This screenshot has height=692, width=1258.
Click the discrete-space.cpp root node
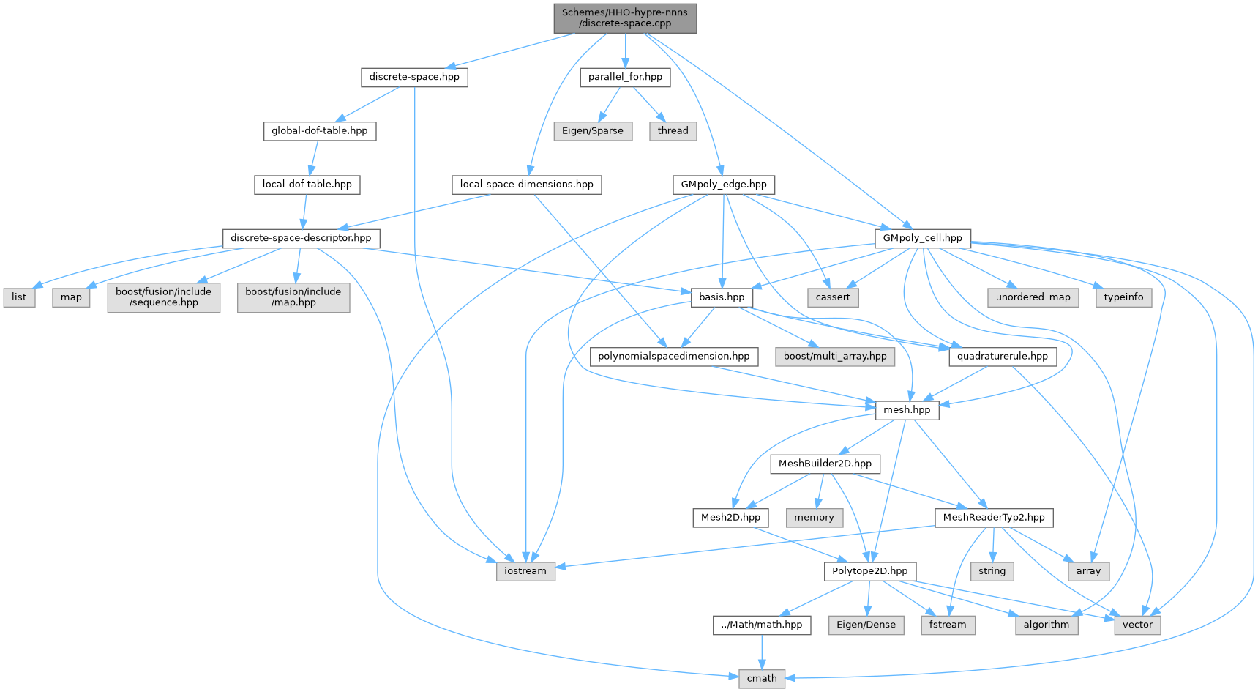click(625, 18)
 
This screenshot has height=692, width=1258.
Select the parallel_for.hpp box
click(625, 77)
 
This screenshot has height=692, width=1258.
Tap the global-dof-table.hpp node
click(320, 131)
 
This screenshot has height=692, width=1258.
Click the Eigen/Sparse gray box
click(593, 131)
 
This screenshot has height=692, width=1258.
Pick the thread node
click(673, 131)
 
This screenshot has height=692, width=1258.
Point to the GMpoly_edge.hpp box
click(724, 185)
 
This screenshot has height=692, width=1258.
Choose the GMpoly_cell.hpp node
click(923, 238)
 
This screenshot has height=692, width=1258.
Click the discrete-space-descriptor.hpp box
click(301, 238)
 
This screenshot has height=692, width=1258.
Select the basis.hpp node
click(722, 297)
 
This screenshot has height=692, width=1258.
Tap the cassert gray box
click(833, 297)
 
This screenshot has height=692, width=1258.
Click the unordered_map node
click(1033, 297)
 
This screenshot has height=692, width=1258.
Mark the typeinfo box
click(1123, 297)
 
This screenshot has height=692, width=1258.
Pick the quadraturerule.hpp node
click(1003, 357)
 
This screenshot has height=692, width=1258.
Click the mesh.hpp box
click(907, 410)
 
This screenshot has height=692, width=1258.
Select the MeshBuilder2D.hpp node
click(825, 464)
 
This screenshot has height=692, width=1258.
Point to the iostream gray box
click(525, 571)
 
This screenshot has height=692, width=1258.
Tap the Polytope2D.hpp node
click(869, 571)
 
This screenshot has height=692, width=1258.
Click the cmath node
click(762, 679)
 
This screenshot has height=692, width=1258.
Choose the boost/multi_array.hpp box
click(835, 357)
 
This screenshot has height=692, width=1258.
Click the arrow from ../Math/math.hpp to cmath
click(762, 652)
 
